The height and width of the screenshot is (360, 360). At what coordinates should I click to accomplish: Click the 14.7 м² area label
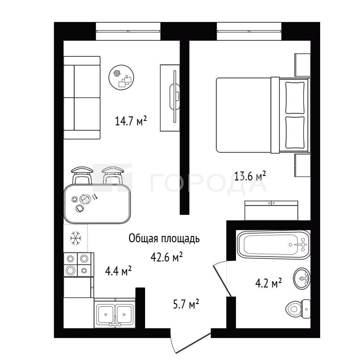pyautogui.click(x=131, y=121)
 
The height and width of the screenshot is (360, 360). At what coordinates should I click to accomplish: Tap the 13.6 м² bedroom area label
pyautogui.click(x=250, y=176)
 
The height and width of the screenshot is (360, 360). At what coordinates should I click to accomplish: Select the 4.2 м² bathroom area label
pyautogui.click(x=268, y=283)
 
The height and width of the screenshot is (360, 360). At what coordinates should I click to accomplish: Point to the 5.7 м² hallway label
pyautogui.click(x=186, y=304)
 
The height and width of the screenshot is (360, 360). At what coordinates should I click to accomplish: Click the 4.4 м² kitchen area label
pyautogui.click(x=118, y=271)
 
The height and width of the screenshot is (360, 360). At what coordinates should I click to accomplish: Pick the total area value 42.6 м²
pyautogui.click(x=167, y=257)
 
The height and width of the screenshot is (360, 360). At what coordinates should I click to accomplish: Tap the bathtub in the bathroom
pyautogui.click(x=274, y=245)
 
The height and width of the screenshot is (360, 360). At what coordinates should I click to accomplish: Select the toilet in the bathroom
pyautogui.click(x=298, y=309)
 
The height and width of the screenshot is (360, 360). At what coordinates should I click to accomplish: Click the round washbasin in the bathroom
pyautogui.click(x=302, y=278)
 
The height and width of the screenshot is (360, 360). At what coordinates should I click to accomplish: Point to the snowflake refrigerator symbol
pyautogui.click(x=76, y=238)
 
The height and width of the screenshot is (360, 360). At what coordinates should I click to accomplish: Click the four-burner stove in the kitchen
pyautogui.click(x=78, y=265)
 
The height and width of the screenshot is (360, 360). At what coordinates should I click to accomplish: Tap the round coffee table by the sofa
pyautogui.click(x=121, y=77)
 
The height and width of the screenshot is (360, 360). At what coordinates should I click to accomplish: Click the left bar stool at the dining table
pyautogui.click(x=82, y=175)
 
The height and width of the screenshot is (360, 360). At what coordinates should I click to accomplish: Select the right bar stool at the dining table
pyautogui.click(x=113, y=175)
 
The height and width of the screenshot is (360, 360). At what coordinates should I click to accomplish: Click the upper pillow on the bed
pyautogui.click(x=295, y=98)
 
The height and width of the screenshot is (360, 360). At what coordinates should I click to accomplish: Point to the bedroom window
pyautogui.click(x=249, y=31)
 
